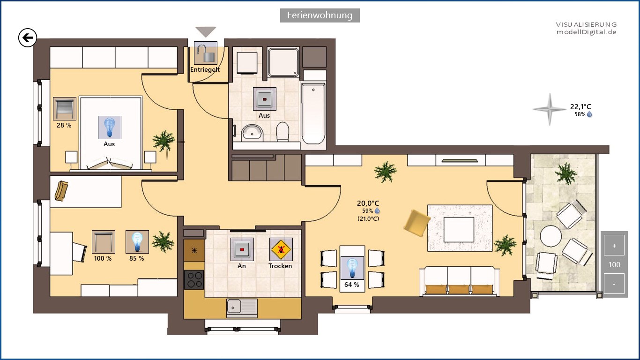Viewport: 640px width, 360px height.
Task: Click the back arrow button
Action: [28, 38]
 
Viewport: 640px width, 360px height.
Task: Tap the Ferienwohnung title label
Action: [320, 15]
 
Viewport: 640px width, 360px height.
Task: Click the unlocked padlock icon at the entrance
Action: [206, 53]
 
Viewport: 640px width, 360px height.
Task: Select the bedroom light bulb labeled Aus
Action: [110, 127]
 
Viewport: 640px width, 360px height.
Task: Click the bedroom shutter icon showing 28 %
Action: [65, 109]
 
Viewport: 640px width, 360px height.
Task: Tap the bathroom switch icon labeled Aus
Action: [265, 99]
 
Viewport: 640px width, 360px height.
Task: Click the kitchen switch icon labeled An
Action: [242, 249]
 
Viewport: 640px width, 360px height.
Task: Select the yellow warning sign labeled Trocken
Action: [281, 249]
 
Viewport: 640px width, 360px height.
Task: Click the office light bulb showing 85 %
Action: [137, 242]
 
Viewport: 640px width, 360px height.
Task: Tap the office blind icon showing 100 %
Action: [104, 242]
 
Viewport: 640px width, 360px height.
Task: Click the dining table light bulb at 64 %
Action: [352, 268]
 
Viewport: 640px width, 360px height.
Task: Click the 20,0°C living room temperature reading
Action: [368, 203]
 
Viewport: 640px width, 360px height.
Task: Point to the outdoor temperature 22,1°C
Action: [580, 107]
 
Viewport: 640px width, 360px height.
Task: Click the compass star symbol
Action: [550, 109]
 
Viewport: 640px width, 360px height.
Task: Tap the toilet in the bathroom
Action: [283, 132]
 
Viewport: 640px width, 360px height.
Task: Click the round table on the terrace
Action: [551, 236]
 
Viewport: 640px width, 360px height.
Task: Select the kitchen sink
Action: [242, 307]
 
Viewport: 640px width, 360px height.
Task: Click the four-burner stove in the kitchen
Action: [194, 280]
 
